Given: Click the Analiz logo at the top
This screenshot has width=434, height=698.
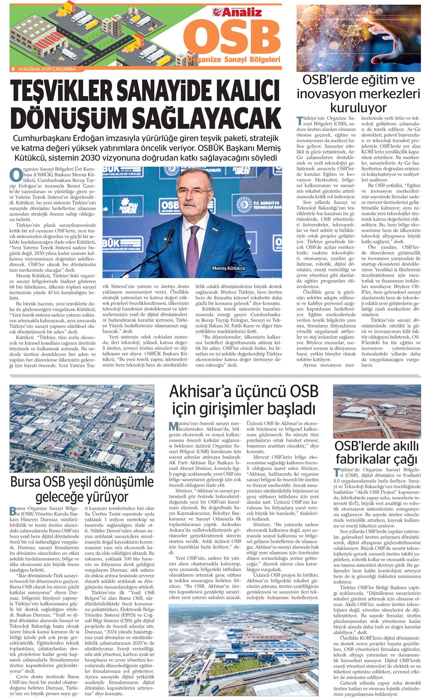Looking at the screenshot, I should point(237,12).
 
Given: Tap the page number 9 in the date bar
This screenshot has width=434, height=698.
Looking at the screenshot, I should point(13,69).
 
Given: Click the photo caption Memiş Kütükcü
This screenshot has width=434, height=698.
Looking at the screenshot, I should point(228,268).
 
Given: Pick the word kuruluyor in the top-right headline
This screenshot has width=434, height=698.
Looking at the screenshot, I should point(358,108).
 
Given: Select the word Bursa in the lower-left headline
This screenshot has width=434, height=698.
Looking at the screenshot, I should point(28,482).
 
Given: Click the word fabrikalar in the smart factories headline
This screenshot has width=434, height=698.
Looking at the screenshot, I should point(362,459).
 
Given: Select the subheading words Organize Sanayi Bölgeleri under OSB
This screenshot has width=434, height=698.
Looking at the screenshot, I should point(233,60).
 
